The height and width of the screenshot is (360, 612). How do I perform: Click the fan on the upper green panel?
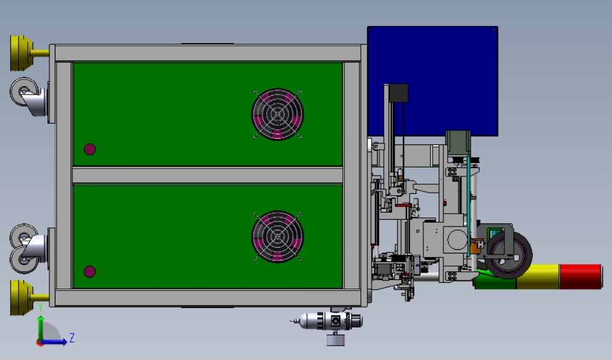point(278,114)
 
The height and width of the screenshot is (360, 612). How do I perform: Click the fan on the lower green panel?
point(278,237)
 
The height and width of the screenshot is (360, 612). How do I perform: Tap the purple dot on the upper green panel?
point(90,149)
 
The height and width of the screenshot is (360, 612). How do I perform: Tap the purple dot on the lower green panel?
point(90,272)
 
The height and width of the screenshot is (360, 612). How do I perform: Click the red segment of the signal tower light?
point(581,276)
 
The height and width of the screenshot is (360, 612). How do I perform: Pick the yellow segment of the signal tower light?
point(539,277)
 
